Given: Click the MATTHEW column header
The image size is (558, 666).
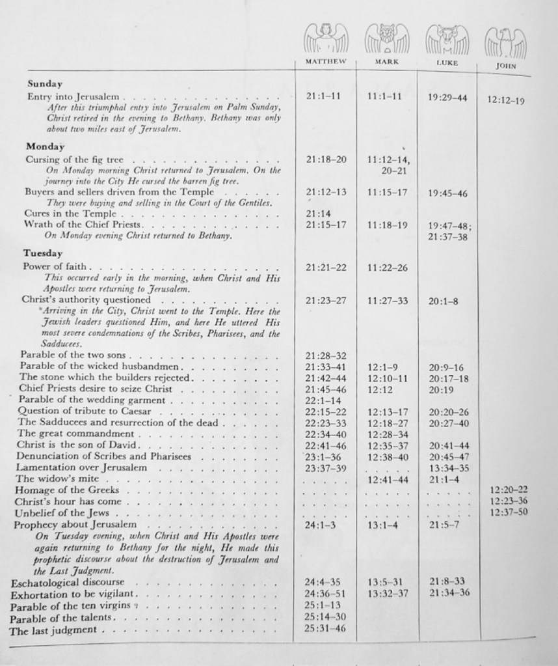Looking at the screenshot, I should tap(325, 62).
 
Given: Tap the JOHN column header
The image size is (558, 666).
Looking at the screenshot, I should tap(505, 65).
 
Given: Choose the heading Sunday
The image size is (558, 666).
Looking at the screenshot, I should tap(45, 83).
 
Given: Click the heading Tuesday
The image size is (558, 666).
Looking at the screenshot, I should tap(43, 253).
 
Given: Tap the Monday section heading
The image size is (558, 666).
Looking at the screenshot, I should tap(44, 146).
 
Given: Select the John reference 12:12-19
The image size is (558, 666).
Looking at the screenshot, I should tap(505, 100).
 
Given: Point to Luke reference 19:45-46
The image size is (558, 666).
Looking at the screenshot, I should tap(447, 193).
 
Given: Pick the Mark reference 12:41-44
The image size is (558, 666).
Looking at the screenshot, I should tap(387, 480).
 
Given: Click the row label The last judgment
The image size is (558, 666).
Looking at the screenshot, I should tap(54, 630).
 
